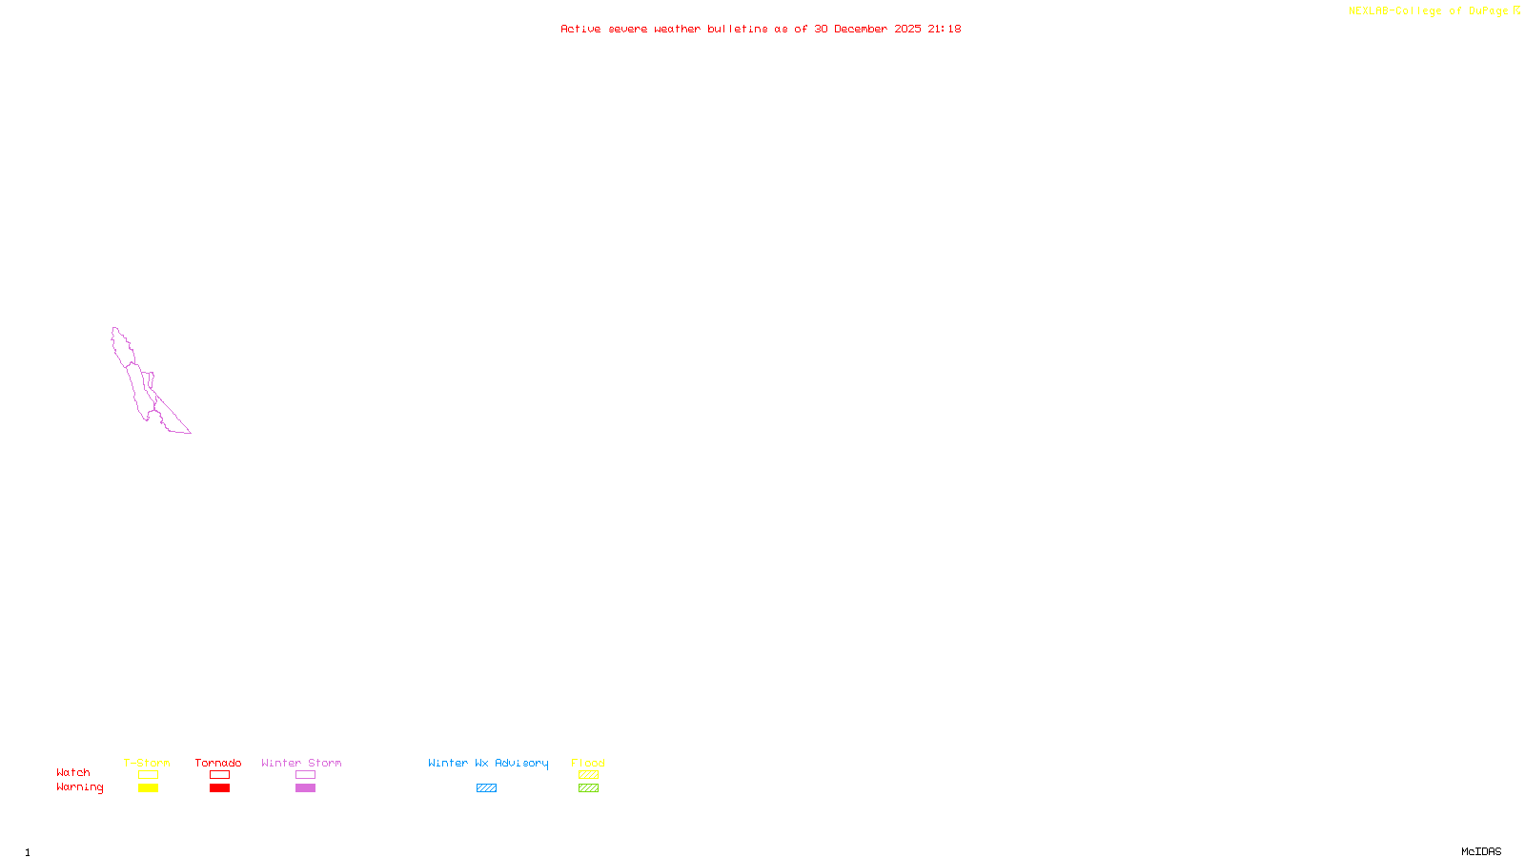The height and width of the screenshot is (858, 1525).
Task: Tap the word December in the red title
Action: tap(861, 30)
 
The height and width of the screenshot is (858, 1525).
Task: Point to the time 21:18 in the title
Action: tap(944, 30)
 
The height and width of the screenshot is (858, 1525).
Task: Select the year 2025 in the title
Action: tap(907, 30)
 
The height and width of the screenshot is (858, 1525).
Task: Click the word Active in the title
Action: tap(580, 30)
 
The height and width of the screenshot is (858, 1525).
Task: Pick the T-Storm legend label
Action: tap(147, 763)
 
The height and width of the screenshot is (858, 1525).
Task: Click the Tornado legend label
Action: tap(218, 763)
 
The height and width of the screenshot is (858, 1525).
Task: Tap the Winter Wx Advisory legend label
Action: tap(488, 763)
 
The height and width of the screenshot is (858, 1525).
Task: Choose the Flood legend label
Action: tap(588, 763)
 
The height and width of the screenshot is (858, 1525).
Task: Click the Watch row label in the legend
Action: tap(73, 773)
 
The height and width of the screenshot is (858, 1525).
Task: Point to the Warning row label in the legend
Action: tap(80, 787)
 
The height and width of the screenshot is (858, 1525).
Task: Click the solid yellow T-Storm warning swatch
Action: tap(148, 788)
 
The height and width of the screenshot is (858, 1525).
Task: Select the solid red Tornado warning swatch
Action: tap(219, 788)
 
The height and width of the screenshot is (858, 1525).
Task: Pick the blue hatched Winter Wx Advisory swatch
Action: tap(486, 788)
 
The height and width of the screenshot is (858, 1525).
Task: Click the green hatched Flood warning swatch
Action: tap(588, 788)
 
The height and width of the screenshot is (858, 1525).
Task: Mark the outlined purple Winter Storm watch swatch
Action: tap(305, 775)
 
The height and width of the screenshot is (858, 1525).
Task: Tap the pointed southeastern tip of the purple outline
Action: tap(190, 432)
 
